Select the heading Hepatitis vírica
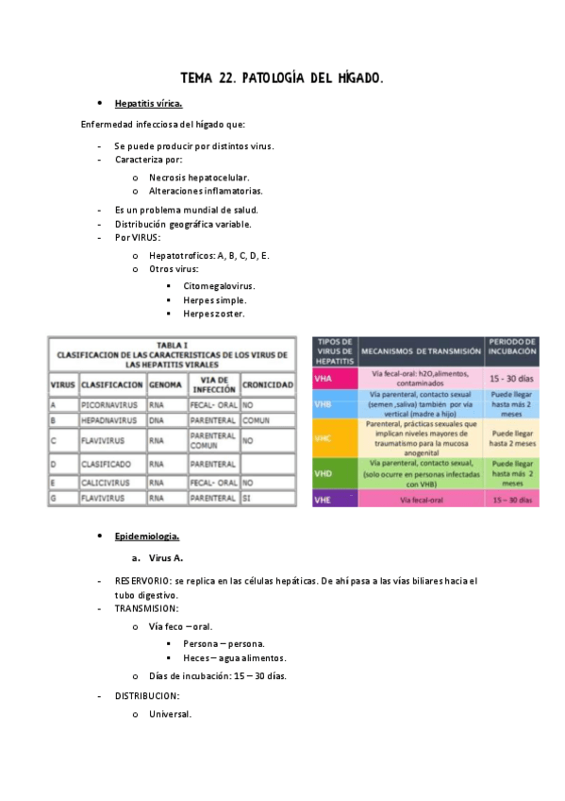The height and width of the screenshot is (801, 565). tap(148, 104)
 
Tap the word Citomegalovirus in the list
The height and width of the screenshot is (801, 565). tap(219, 285)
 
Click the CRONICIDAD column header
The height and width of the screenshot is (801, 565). tap(267, 384)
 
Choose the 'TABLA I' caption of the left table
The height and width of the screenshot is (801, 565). tap(172, 345)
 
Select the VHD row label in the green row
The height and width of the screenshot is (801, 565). tap(324, 472)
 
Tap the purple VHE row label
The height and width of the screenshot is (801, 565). tap(324, 499)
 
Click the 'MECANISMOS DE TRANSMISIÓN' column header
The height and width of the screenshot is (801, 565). tap(420, 349)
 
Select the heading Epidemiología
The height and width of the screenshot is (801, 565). tap(146, 537)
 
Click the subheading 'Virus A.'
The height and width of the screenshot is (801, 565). tap(165, 558)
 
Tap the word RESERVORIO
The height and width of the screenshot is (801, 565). tap(142, 581)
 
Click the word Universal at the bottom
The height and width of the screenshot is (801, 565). tap(170, 714)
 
